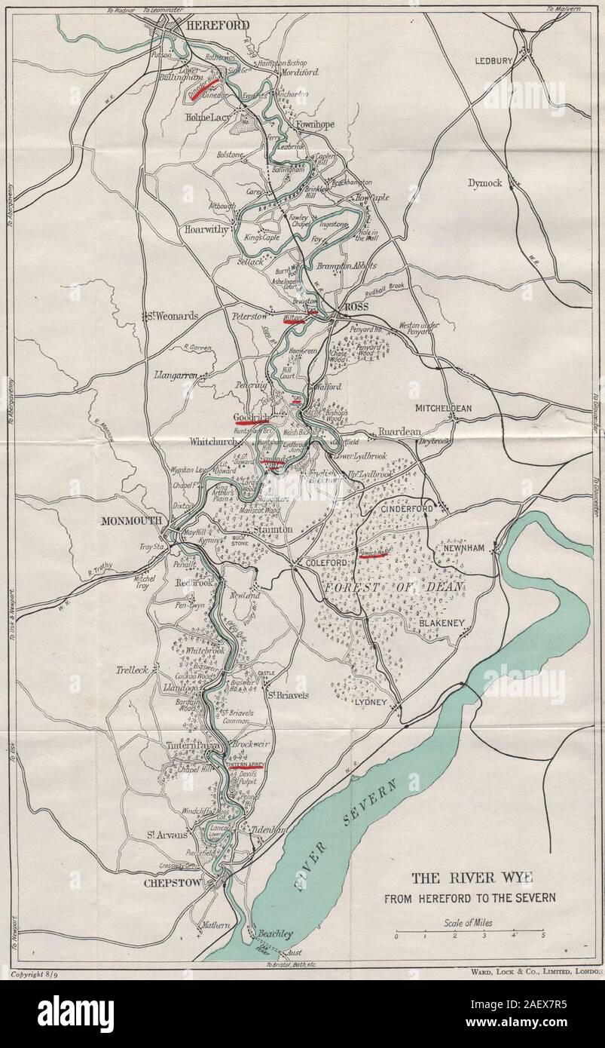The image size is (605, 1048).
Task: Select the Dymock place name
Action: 484,182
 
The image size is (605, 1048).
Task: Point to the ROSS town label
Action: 355,308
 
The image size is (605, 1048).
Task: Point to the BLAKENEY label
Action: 445,623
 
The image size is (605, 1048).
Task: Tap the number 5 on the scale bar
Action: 542,942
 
